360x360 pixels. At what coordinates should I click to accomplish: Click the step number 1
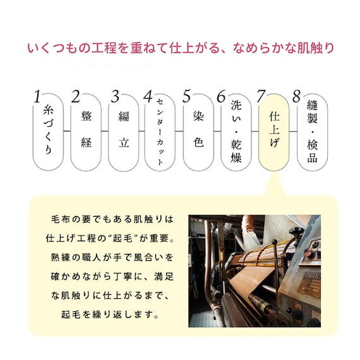(x=37, y=97)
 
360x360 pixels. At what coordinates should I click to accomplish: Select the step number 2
(x=75, y=97)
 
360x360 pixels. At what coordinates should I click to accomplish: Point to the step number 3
(x=114, y=97)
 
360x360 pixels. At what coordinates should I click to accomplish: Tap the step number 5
(x=186, y=97)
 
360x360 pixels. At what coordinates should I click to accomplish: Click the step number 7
(x=260, y=97)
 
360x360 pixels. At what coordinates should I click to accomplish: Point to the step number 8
(x=296, y=97)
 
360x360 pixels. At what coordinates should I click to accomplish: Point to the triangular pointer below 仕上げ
(x=273, y=184)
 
